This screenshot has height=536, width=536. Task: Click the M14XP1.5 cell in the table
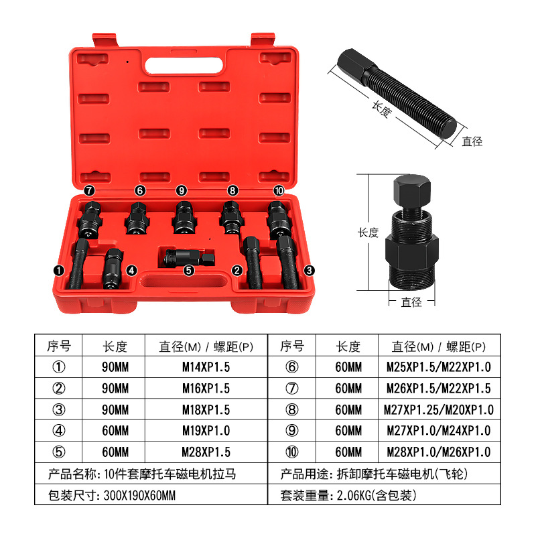tap(206, 367)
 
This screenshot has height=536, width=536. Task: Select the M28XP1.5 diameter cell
tap(206, 452)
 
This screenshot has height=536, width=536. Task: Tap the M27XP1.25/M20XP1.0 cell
tap(440, 409)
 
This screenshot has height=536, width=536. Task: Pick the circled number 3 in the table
tap(59, 409)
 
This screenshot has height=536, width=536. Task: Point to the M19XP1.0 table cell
tap(206, 431)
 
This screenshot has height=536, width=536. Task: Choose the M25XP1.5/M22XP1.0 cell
tap(440, 367)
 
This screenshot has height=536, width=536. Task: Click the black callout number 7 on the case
tap(89, 191)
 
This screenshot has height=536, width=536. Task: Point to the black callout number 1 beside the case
tap(59, 271)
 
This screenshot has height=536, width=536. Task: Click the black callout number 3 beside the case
tap(308, 271)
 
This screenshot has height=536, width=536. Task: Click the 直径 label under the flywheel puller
tap(411, 302)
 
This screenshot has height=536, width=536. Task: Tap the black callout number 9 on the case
tap(181, 191)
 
